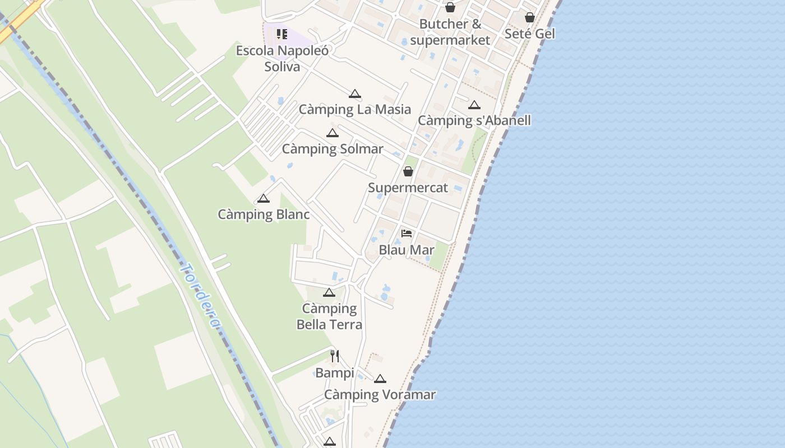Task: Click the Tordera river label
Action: [200, 296]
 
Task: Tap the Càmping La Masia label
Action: [354, 109]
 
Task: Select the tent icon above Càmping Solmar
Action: [333, 133]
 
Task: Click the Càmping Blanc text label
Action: [264, 214]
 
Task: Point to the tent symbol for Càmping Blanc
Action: [264, 198]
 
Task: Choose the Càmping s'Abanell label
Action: [474, 120]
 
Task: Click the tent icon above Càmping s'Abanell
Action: [474, 105]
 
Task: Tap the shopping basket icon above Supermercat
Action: [408, 171]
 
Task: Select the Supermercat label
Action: [408, 188]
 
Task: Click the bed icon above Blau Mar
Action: [407, 234]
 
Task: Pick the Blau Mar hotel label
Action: [407, 250]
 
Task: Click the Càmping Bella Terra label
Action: [329, 316]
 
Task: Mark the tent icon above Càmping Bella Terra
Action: [329, 292]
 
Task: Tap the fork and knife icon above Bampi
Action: [335, 356]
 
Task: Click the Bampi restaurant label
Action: [334, 373]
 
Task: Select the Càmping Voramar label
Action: [380, 395]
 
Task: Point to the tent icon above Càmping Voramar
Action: [380, 379]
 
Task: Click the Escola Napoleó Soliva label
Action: [283, 58]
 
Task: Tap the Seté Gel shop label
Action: [529, 34]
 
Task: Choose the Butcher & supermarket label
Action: [450, 32]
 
